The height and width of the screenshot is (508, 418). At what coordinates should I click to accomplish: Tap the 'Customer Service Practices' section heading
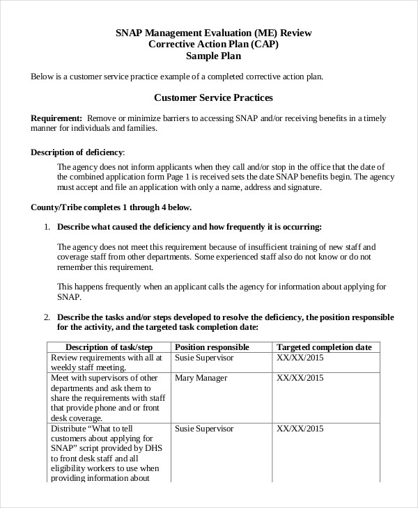tap(213, 98)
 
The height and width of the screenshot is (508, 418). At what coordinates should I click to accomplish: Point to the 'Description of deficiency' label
tap(77, 152)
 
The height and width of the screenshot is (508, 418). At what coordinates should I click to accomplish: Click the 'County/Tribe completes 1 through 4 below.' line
tap(111, 207)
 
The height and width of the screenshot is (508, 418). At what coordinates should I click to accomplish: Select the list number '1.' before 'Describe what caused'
tap(47, 227)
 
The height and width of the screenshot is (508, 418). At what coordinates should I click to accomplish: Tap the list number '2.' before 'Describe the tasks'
tap(47, 317)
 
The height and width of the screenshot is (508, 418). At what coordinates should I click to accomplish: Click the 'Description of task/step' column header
tap(108, 347)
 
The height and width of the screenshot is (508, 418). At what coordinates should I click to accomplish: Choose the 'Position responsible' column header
tap(212, 347)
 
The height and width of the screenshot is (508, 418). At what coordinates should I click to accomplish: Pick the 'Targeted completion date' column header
tap(324, 347)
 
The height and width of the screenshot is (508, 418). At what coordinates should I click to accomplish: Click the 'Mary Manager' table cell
tap(201, 378)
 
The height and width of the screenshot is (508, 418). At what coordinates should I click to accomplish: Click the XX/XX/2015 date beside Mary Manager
tap(300, 378)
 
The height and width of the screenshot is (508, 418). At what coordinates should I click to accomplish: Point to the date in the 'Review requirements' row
tap(300, 358)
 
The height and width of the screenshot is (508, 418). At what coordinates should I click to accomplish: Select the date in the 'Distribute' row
tap(300, 429)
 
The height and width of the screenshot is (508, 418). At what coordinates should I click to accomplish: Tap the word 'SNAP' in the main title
tap(130, 32)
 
